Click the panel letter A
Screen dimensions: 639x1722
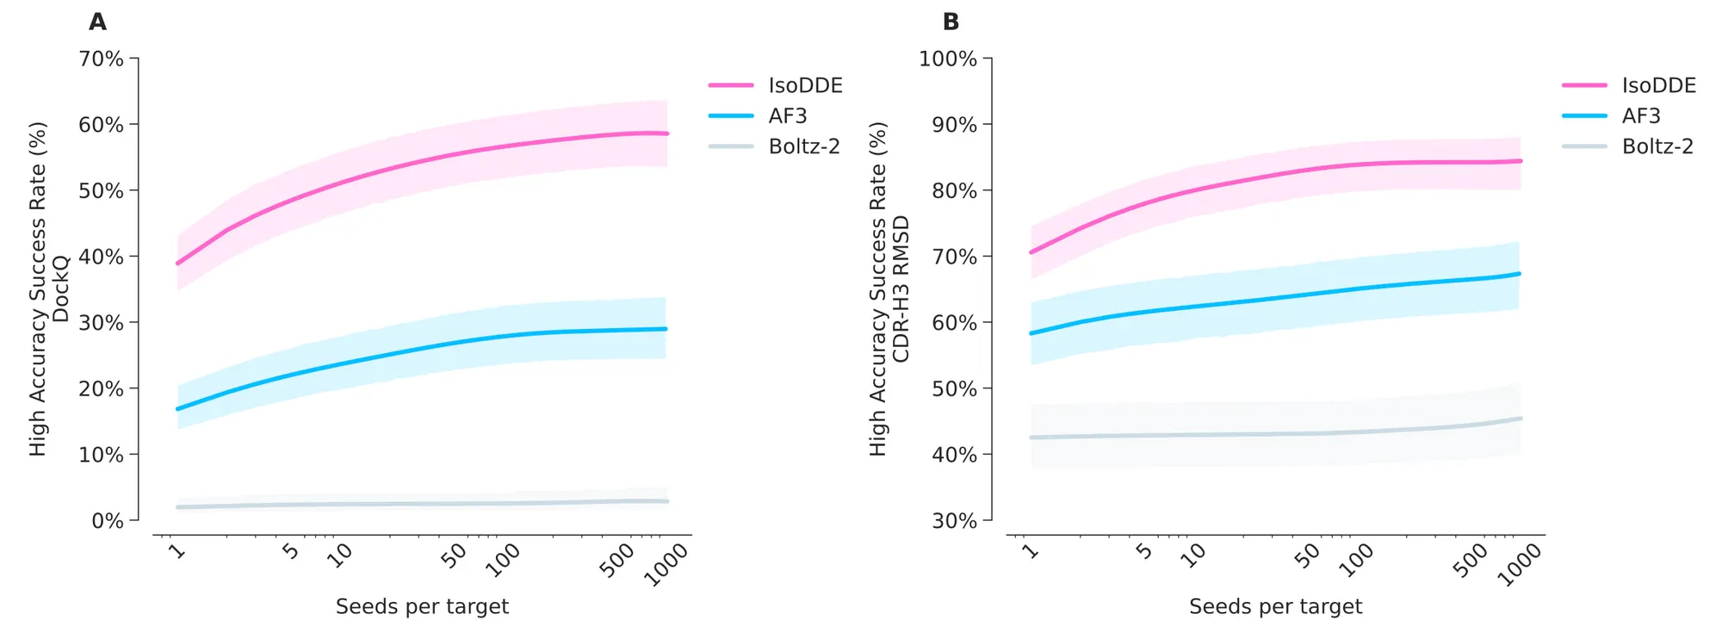click(98, 22)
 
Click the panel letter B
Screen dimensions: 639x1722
click(951, 22)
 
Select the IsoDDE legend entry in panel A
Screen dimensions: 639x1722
click(805, 85)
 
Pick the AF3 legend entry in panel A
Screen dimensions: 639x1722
click(787, 115)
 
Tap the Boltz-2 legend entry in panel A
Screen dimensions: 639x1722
click(803, 146)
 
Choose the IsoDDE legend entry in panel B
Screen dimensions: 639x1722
click(1658, 85)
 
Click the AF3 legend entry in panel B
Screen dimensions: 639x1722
click(1640, 115)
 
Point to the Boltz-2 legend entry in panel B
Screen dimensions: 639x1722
click(1657, 146)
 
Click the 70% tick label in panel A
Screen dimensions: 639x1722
click(101, 59)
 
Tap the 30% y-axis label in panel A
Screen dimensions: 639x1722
click(101, 323)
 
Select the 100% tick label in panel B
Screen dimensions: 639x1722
click(948, 59)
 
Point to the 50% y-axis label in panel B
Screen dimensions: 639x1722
click(954, 388)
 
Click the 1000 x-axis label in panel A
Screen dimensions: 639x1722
click(667, 565)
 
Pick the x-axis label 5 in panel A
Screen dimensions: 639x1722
click(291, 551)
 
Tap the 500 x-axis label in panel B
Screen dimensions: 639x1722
click(1471, 561)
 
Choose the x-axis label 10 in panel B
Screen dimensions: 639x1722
click(1192, 556)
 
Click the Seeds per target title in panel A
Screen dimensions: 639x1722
click(422, 607)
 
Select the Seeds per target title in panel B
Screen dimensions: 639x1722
click(1275, 607)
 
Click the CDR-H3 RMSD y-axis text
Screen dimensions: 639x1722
click(901, 288)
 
